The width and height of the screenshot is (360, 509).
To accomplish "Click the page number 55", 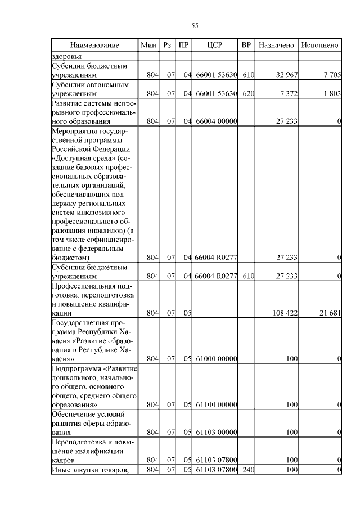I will coord(195,25).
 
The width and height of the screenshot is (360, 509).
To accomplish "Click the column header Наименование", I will coord(94,44).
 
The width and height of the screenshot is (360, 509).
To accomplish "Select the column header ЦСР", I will coord(215,44).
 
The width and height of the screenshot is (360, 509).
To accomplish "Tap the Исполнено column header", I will coord(319,44).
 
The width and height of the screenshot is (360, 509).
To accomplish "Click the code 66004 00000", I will coord(215,121).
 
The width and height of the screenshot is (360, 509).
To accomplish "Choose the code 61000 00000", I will coord(215,358).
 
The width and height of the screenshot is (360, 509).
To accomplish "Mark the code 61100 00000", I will coord(215,404).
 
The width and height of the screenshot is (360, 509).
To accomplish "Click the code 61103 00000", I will coord(215,432).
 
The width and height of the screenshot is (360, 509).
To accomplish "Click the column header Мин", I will coord(148,44).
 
